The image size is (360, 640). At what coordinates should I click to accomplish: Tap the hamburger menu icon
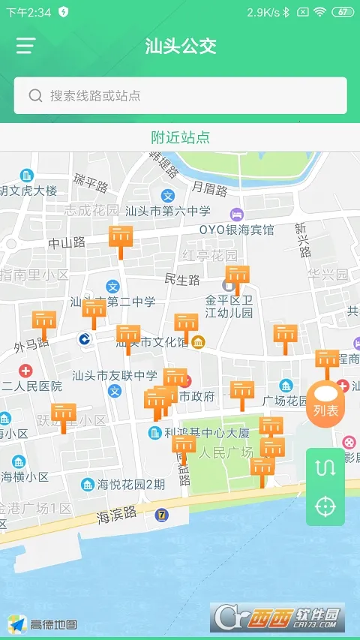coord(25,46)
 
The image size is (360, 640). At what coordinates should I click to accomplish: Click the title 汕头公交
coord(180,46)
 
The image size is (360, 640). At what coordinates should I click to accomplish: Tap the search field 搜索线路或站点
coord(180,95)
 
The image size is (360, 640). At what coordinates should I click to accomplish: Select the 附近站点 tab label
coord(180,137)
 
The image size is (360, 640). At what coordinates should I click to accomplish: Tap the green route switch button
coord(325,467)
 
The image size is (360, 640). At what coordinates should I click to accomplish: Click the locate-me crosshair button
coord(325,506)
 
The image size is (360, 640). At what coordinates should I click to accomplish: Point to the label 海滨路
coord(117,515)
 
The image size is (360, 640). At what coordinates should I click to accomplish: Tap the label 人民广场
coord(225,452)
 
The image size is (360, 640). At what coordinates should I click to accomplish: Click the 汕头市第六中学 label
coord(168,212)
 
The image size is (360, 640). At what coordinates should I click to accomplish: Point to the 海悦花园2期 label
coord(132,485)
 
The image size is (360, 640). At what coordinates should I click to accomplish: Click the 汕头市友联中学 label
coord(115,375)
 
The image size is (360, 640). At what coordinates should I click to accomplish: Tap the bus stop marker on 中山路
coord(121,239)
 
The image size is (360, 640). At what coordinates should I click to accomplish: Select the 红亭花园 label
coord(210,256)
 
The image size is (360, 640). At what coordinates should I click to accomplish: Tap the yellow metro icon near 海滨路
coord(160,515)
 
